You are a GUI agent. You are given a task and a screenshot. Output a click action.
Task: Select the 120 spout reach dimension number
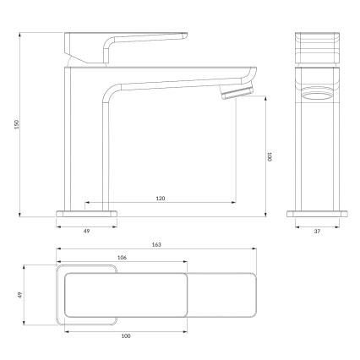[160, 198]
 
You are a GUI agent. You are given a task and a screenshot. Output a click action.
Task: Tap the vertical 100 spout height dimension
[270, 155]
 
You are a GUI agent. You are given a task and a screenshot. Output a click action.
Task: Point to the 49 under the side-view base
[86, 228]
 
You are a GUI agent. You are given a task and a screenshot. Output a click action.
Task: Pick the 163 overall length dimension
[157, 244]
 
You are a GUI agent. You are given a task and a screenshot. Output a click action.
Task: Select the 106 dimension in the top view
[122, 259]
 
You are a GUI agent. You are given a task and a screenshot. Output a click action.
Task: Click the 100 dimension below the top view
[126, 337]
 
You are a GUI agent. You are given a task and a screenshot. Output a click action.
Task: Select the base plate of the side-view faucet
[86, 212]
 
